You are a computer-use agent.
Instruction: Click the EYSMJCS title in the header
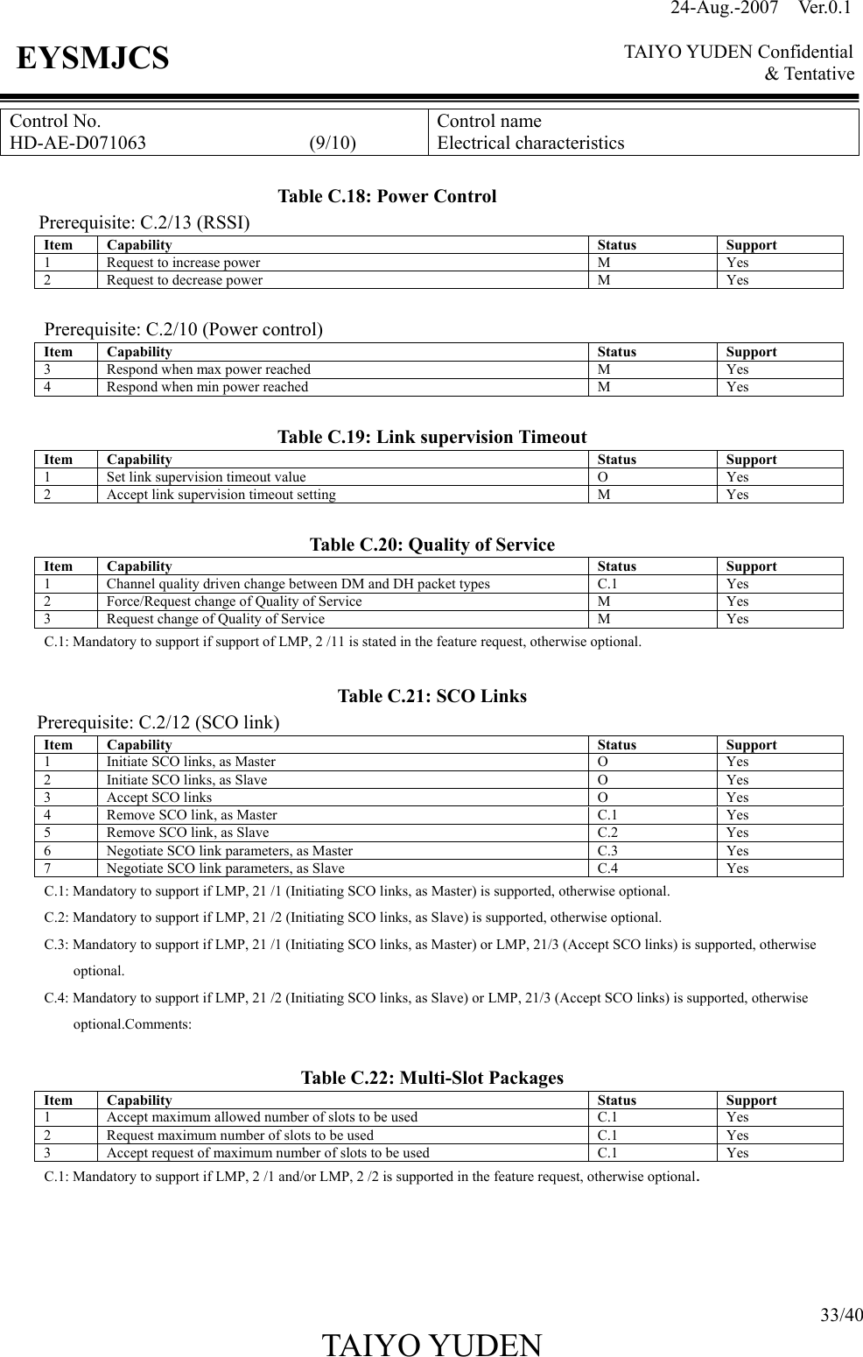click(93, 59)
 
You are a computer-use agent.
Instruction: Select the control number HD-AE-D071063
click(78, 143)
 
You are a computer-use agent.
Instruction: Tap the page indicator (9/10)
click(333, 143)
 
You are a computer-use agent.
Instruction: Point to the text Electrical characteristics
click(530, 143)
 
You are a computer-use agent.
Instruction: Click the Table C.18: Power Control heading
click(386, 196)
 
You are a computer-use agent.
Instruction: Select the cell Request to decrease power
click(184, 280)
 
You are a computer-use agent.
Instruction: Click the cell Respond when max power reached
click(207, 369)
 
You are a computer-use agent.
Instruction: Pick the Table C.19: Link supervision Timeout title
click(431, 437)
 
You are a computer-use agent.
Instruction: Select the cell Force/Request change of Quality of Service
click(234, 601)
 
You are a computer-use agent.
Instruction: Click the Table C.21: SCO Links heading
click(431, 696)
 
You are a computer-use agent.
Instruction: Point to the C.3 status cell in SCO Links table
click(607, 851)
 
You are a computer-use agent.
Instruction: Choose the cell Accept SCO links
click(158, 798)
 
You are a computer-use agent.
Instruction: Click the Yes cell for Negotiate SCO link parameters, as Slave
click(737, 868)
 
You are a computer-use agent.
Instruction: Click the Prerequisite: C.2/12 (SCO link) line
click(158, 722)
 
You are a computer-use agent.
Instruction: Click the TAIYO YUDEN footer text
click(431, 1343)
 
